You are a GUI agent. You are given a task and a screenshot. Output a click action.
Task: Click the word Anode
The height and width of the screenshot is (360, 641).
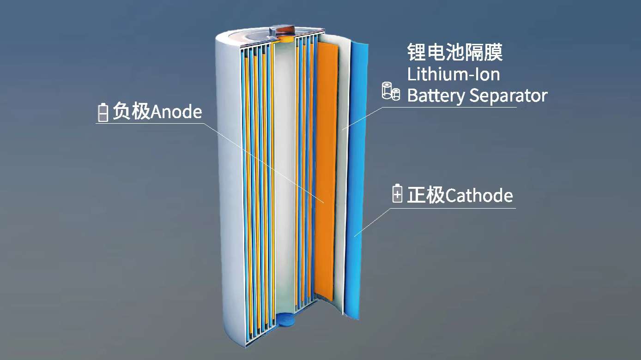point(176,112)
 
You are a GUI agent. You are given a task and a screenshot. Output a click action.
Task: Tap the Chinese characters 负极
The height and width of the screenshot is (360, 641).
point(132,112)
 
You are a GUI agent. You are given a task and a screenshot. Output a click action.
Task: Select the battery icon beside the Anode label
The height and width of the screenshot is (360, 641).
point(103,113)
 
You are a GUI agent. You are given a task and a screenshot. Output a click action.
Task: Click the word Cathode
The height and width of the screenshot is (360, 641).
point(479,195)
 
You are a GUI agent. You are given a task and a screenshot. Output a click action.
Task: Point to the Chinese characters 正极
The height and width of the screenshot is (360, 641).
point(426,195)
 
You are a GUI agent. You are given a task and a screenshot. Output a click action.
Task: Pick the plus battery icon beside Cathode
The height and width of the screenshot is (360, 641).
point(397,194)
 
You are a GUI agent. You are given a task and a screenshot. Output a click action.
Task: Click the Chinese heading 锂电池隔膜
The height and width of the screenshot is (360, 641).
point(454,52)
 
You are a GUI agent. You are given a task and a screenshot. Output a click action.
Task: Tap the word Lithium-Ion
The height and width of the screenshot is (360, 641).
point(454,74)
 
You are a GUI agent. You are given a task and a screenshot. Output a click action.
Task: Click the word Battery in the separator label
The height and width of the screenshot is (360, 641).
point(436,96)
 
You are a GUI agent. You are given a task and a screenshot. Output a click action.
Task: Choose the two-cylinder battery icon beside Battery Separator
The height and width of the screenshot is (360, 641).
point(391,91)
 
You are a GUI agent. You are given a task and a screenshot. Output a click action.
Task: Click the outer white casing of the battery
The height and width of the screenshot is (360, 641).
point(229,185)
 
